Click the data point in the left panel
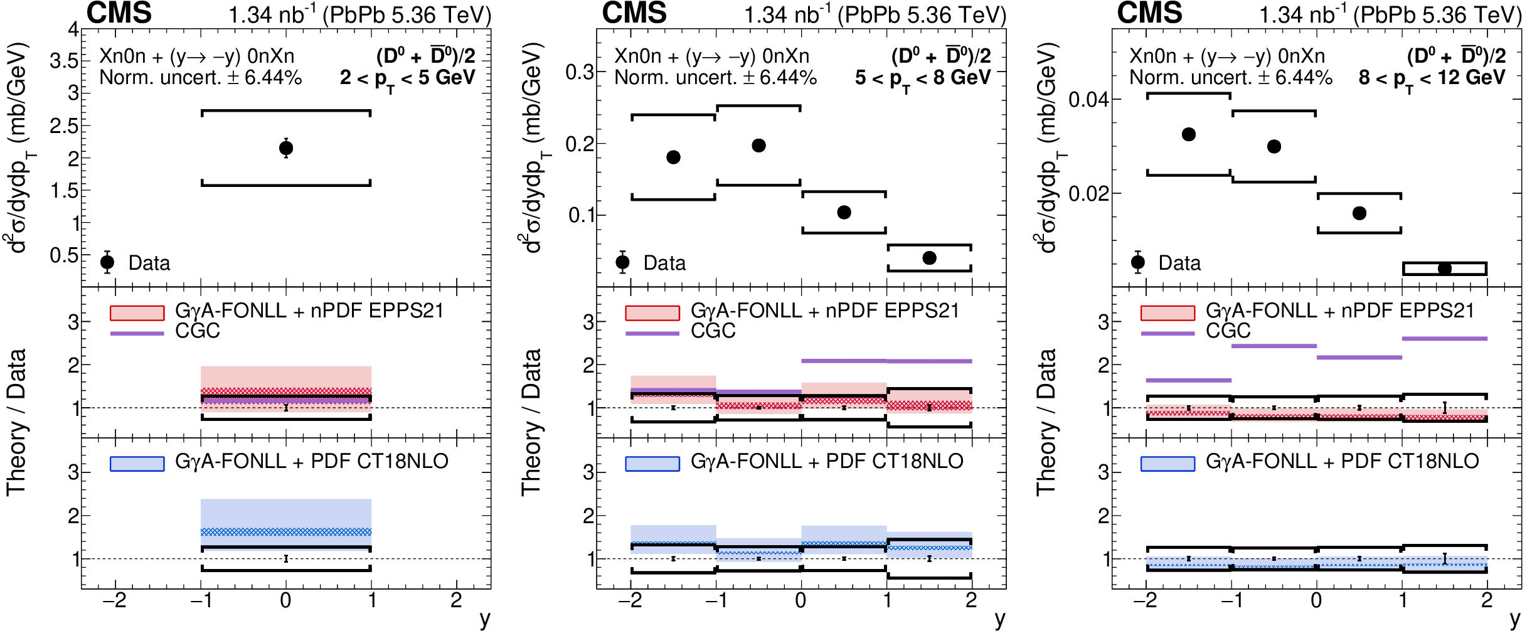(x=286, y=148)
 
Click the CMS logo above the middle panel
(x=634, y=13)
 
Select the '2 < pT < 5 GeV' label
(x=407, y=78)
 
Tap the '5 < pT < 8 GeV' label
(x=922, y=78)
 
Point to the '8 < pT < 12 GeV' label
(x=1432, y=78)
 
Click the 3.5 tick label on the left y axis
(x=64, y=61)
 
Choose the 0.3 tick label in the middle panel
(x=579, y=72)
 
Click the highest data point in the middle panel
(x=758, y=146)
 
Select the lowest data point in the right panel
(x=1445, y=268)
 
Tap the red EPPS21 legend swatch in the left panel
(x=137, y=312)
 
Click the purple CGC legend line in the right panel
(x=1167, y=333)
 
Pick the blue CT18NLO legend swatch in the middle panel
(x=652, y=464)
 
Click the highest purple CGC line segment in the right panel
(x=1445, y=339)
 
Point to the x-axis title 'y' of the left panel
(x=485, y=619)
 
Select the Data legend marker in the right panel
(x=1138, y=262)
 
